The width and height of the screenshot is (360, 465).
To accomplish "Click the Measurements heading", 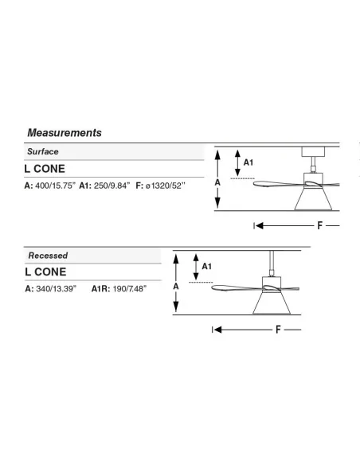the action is point(65,133).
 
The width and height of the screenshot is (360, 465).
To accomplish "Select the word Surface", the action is point(43,151).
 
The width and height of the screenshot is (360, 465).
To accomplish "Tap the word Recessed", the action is point(48,256).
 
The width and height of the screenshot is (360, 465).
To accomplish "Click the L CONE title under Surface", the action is point(45,169).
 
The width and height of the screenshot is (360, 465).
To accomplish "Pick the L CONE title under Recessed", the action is point(45,272).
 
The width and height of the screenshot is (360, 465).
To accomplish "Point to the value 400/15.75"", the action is point(56,186).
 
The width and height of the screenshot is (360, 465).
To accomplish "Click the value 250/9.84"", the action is point(112,186).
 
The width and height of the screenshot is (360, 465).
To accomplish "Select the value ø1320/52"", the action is point(166,186).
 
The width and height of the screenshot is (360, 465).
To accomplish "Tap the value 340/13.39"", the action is point(57,288).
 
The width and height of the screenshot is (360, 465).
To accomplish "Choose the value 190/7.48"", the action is point(130,288).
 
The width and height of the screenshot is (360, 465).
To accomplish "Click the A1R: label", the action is point(101,288).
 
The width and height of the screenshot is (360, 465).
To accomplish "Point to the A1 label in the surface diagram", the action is point(248,162).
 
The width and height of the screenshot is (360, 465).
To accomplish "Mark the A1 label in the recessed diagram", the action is point(207,266).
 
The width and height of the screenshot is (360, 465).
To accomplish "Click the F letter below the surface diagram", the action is point(319,225).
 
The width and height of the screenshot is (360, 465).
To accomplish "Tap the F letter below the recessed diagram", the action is point(278,330).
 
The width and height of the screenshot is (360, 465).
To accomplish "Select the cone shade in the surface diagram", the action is point(313,199).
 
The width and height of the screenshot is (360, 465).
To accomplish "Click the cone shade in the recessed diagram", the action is point(272,303).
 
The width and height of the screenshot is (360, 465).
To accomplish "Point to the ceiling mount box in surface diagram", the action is point(313,151).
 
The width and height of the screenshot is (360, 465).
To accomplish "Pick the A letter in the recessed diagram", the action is point(176,287).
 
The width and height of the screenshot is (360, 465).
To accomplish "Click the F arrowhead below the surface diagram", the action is point(260,225).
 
